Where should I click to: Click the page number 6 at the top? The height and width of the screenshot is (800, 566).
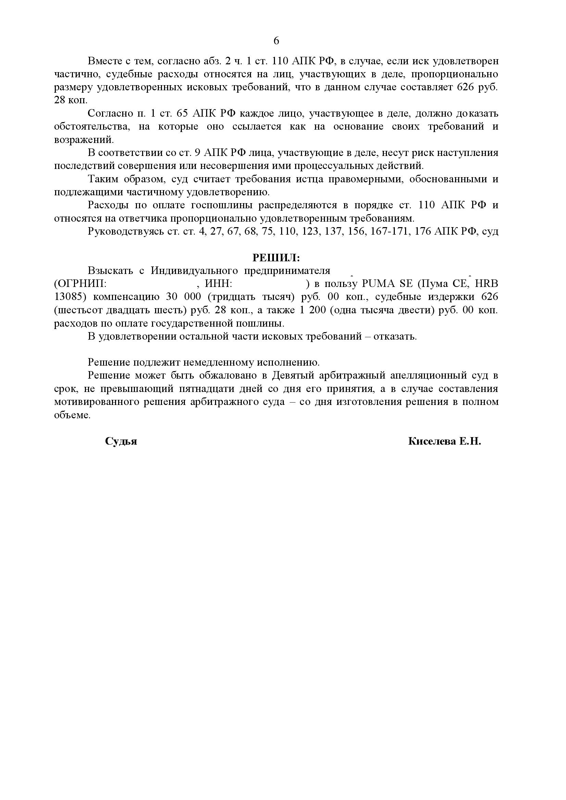276,41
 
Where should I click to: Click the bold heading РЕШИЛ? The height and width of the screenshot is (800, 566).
276,258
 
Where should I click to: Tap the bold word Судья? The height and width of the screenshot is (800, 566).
121,442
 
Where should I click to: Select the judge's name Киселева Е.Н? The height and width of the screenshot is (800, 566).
444,442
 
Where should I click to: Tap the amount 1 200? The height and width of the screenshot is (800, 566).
313,310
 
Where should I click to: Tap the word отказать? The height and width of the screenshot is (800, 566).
395,337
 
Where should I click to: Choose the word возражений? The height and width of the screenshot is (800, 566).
84,140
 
